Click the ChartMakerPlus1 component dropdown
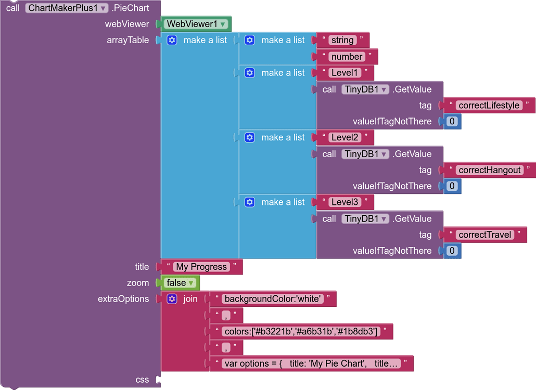(67, 8)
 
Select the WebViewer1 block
(196, 24)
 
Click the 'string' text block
(342, 40)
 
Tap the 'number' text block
(347, 56)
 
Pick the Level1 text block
(344, 73)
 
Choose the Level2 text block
(344, 137)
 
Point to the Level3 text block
(344, 202)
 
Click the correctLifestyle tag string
(489, 105)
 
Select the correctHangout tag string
(490, 170)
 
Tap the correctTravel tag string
(484, 235)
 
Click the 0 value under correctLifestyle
(452, 121)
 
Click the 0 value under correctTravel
(452, 251)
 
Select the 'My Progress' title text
(201, 267)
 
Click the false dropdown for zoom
(180, 283)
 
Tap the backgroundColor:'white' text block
(273, 299)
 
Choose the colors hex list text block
(301, 331)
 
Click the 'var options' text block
(311, 363)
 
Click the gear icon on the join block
(172, 299)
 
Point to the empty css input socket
(158, 380)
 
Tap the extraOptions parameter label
(123, 299)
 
